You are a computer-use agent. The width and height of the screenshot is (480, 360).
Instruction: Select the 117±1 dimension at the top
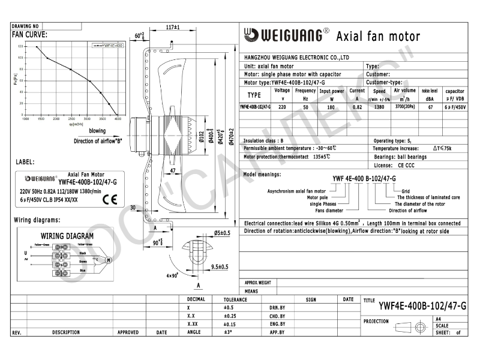tap(173, 28)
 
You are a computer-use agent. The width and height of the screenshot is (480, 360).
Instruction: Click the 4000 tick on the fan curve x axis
tap(118, 119)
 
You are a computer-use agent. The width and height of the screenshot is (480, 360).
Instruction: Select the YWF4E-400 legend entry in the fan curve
tap(109, 46)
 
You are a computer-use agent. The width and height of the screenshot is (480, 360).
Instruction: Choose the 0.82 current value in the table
tap(358, 106)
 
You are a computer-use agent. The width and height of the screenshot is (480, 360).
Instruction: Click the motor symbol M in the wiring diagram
tap(109, 260)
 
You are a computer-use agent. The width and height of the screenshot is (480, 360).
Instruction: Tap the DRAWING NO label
tap(25, 26)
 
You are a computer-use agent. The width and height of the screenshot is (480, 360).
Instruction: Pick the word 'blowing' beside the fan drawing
tap(97, 130)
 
